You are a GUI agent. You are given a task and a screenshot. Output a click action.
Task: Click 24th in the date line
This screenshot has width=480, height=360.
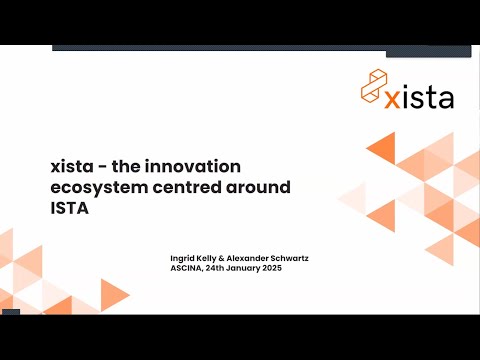point(221,268)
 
